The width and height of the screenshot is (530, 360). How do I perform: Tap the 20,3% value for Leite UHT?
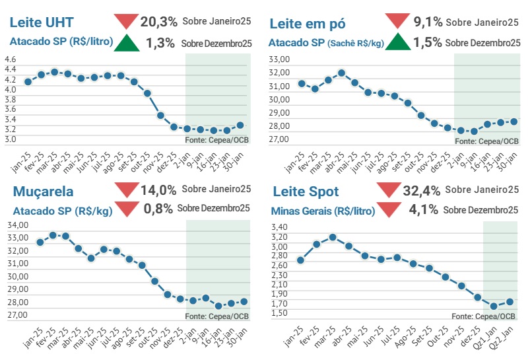click(159, 22)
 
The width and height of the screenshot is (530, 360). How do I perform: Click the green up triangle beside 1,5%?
click(398, 43)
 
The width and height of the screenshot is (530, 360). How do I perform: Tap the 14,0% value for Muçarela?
click(158, 191)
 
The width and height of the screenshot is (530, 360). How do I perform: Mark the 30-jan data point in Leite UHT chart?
click(240, 125)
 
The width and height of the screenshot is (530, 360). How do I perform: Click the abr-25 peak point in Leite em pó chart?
click(341, 73)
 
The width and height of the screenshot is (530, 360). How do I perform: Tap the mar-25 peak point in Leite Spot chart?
click(333, 236)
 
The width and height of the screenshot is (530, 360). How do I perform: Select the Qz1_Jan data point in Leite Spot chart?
click(493, 306)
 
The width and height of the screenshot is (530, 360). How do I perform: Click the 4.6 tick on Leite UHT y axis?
click(10, 59)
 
